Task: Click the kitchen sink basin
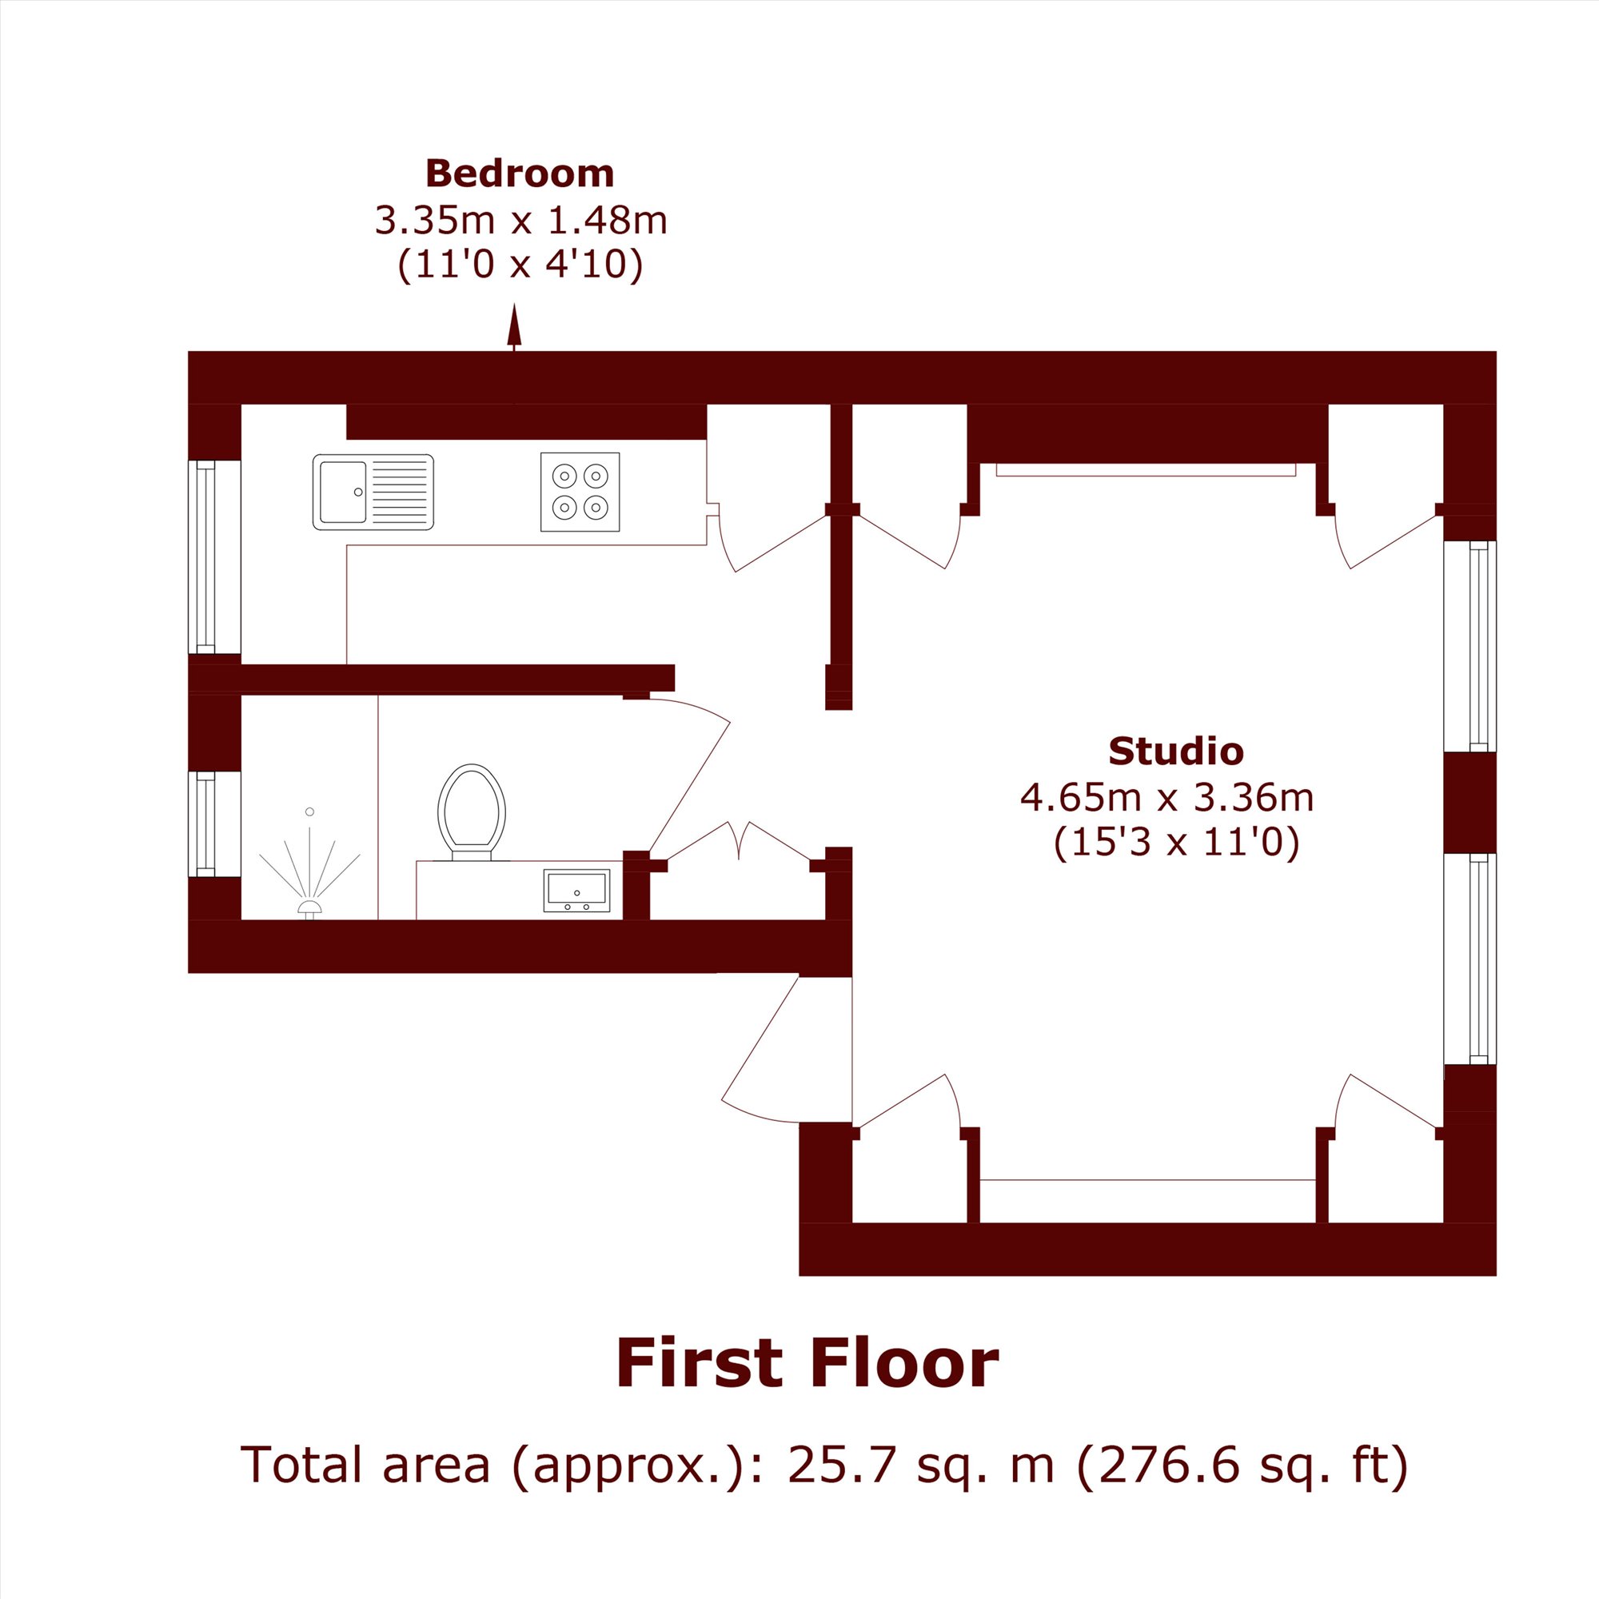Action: pos(343,492)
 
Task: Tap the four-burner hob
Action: pos(580,492)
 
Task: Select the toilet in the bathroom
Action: pos(472,812)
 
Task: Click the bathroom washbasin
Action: pos(577,891)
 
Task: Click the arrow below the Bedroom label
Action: pos(514,327)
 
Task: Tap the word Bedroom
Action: pos(520,173)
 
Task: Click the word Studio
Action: pos(1176,751)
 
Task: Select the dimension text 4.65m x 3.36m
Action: pos(1167,798)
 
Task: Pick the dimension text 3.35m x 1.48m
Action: pos(520,220)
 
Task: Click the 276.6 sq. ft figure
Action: pos(1241,1465)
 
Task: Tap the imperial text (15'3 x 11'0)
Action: pos(1177,843)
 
